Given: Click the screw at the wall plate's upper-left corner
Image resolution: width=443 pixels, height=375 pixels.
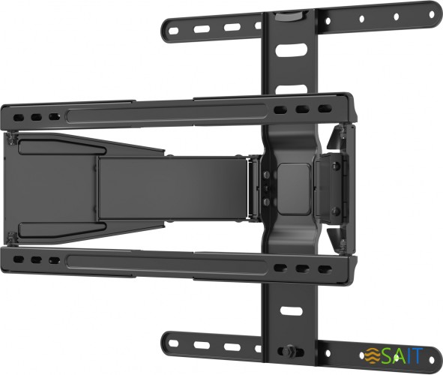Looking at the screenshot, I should pyautogui.click(x=12, y=137).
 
